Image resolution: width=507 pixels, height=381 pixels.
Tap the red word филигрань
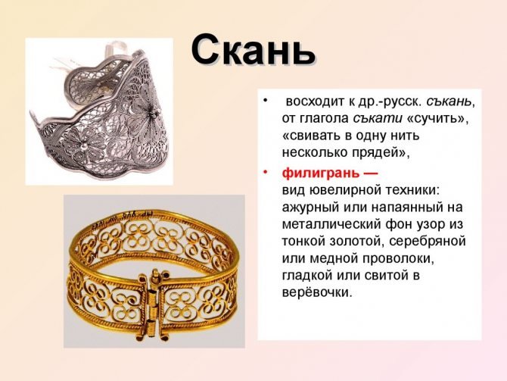[x=320, y=173]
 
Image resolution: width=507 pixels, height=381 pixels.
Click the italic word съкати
[x=378, y=118]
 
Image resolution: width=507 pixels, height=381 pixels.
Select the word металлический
[x=331, y=224]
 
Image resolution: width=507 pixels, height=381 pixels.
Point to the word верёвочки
[x=316, y=292]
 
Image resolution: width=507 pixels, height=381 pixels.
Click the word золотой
[x=356, y=242]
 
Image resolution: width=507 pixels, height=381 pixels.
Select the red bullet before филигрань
[x=266, y=171]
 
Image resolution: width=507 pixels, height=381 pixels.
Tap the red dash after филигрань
[x=370, y=173]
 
